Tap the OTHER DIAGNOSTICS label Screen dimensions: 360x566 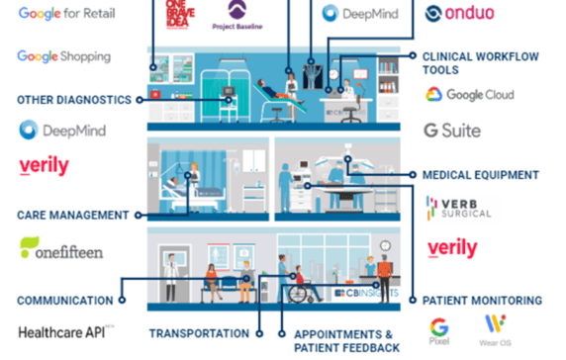coord(73,100)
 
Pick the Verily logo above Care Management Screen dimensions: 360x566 coord(44,165)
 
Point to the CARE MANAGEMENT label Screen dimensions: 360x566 coord(73,215)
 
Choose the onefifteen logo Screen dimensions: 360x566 coord(60,250)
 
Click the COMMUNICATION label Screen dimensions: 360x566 coord(64,301)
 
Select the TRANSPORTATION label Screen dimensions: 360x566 coord(199,333)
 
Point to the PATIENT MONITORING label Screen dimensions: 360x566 coord(482,301)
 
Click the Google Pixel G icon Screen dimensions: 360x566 coord(438,328)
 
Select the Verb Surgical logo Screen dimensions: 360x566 coord(457,208)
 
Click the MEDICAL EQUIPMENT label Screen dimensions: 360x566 coord(480,175)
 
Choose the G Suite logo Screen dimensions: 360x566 coord(452,131)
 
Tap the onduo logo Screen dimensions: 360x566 coord(459,14)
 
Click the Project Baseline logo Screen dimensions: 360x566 coord(237,14)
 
